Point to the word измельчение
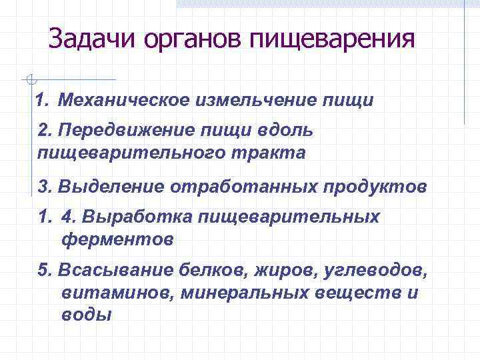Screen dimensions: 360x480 pyautogui.click(x=255, y=101)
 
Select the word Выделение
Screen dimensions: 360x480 pyautogui.click(x=111, y=186)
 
